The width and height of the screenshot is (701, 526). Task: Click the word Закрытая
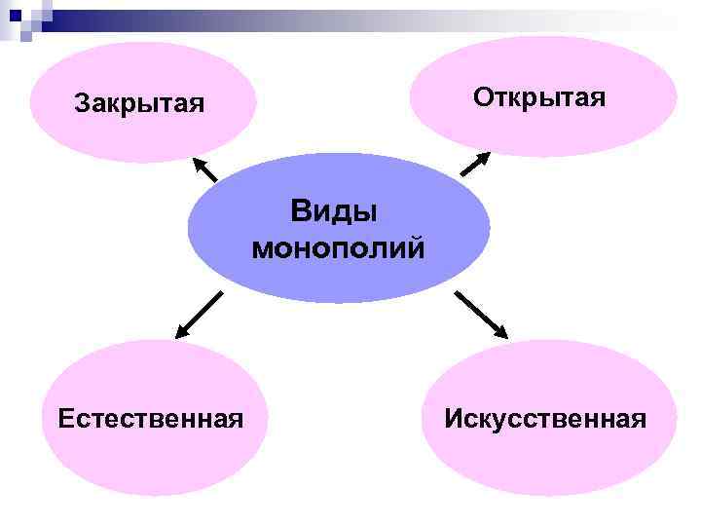(139, 103)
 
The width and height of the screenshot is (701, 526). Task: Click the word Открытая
(539, 97)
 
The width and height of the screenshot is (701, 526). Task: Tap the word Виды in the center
(333, 211)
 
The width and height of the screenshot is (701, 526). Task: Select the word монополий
(338, 249)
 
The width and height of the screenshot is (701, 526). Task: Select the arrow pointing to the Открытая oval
(475, 164)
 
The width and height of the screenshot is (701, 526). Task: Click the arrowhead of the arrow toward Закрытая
(195, 161)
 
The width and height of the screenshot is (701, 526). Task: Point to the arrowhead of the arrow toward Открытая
(484, 156)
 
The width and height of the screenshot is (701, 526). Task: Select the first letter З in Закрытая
(82, 103)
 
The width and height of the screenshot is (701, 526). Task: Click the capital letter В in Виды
(299, 211)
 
